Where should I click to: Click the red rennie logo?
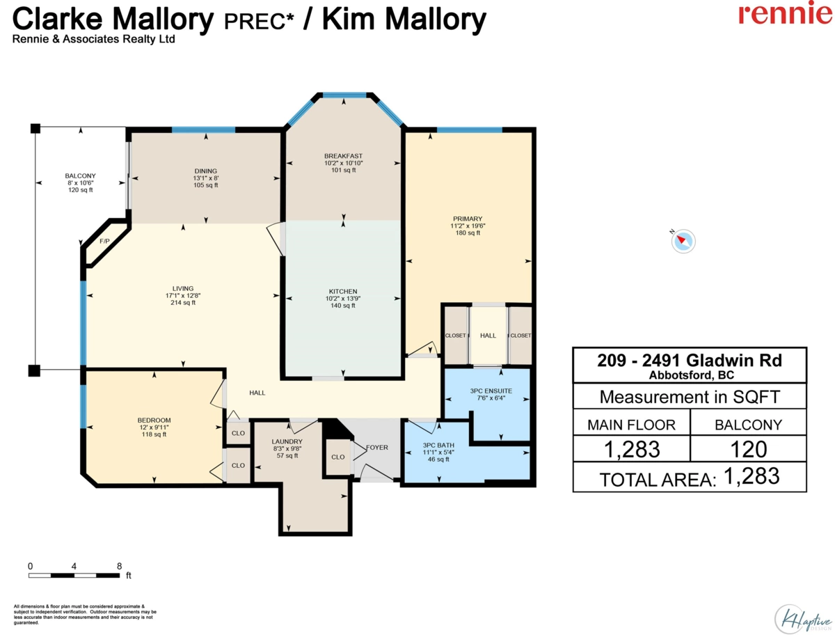pos(785,13)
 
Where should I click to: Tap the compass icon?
pos(683,241)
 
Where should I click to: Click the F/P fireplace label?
pos(104,242)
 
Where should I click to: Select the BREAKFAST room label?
pos(343,156)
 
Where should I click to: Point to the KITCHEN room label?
pos(343,292)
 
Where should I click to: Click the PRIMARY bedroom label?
pos(468,219)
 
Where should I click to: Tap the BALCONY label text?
pos(80,176)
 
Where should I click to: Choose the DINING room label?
pos(206,171)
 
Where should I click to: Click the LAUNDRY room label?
pos(287,441)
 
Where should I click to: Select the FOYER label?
pos(377,448)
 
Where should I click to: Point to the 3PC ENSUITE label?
pos(491,391)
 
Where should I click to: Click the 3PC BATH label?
pos(438,446)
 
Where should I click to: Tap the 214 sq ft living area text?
pos(183,303)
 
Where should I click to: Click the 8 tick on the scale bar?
pos(119,566)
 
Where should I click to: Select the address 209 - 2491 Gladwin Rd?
pos(690,361)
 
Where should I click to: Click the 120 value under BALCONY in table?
pos(748,450)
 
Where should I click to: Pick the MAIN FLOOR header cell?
pos(632,425)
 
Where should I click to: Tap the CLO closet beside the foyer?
pos(337,457)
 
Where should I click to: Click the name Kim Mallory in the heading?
pos(404,19)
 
